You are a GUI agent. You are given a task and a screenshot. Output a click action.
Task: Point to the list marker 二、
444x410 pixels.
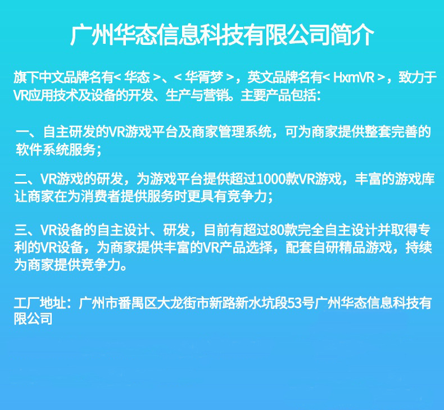pos(25,180)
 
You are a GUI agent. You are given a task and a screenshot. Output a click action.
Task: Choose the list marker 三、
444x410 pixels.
pos(25,230)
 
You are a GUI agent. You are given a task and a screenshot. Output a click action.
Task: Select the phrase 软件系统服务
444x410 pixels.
pos(56,149)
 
